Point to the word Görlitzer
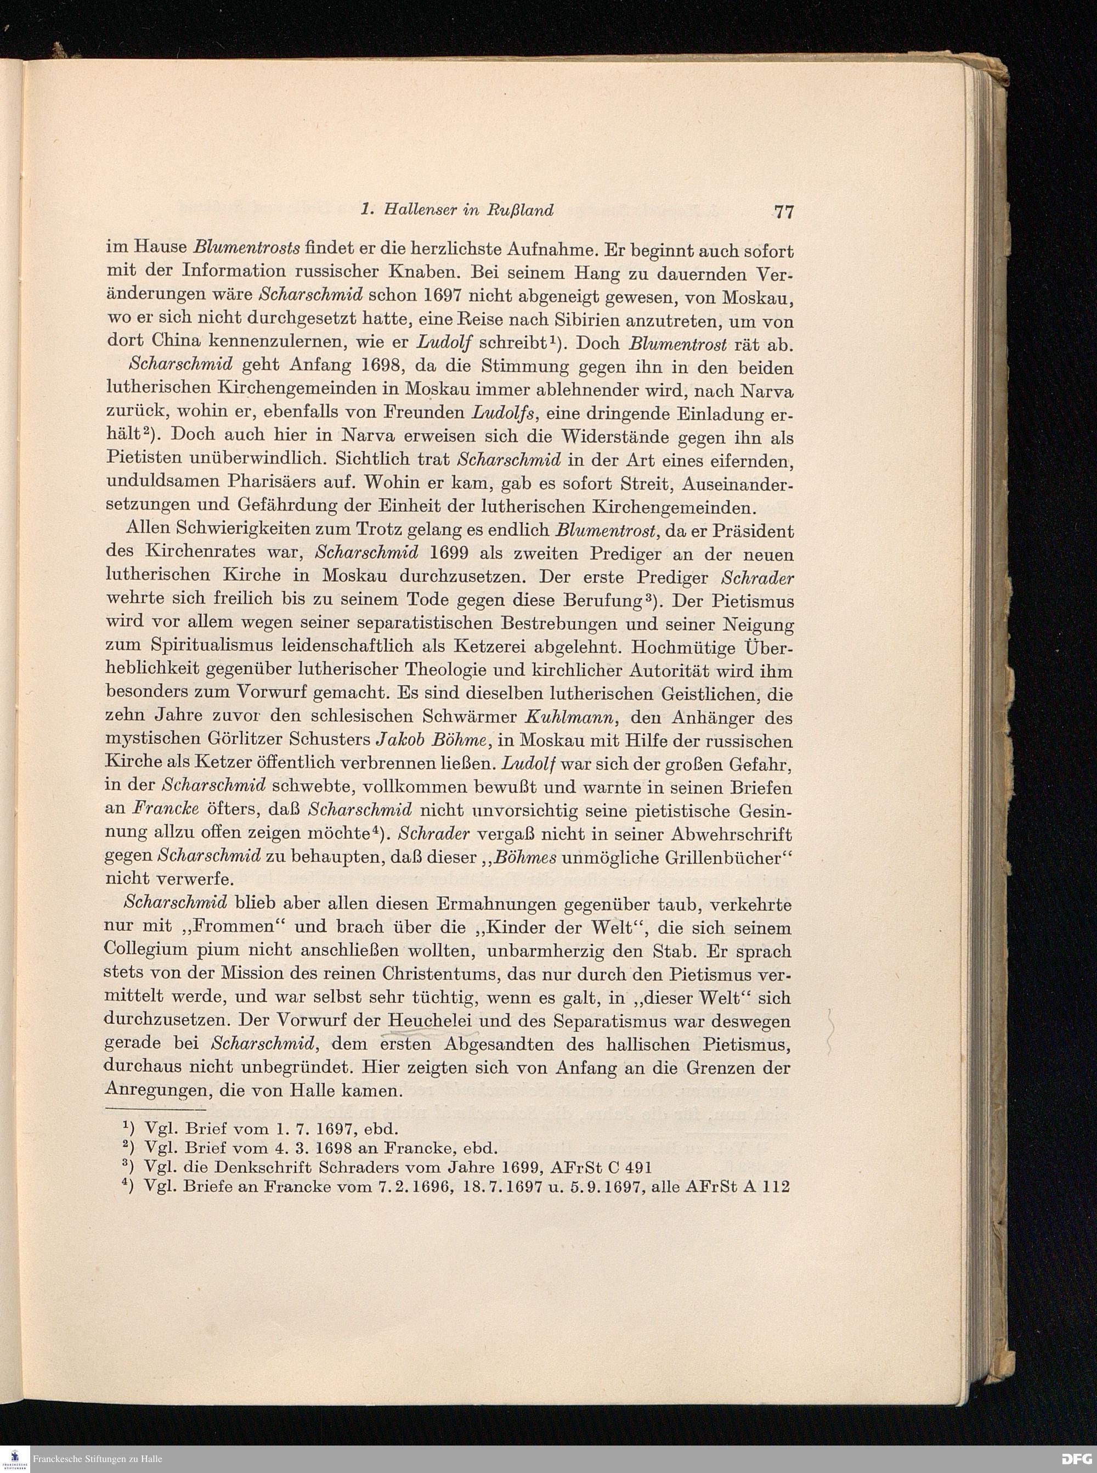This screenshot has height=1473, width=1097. pyautogui.click(x=251, y=741)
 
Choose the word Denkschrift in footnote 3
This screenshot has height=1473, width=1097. pyautogui.click(x=271, y=1167)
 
